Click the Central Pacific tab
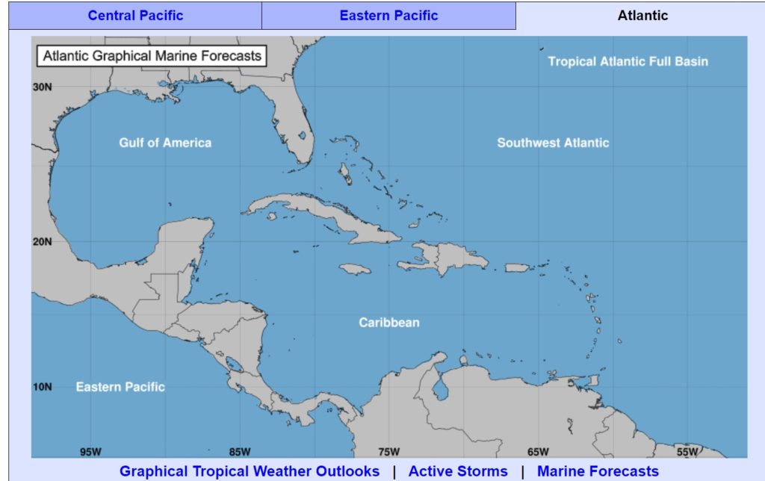pyautogui.click(x=135, y=15)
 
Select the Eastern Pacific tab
pyautogui.click(x=388, y=15)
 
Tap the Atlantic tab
pyautogui.click(x=642, y=15)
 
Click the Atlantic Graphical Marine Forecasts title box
pyautogui.click(x=152, y=55)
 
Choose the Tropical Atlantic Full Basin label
pyautogui.click(x=628, y=61)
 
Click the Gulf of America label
pyautogui.click(x=165, y=143)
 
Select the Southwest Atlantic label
pyautogui.click(x=553, y=143)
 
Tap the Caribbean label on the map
pyautogui.click(x=389, y=323)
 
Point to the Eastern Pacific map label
pyautogui.click(x=120, y=387)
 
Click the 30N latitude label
pyautogui.click(x=43, y=87)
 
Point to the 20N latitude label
pyautogui.click(x=43, y=241)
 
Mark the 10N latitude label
pyautogui.click(x=43, y=387)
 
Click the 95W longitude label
pyautogui.click(x=90, y=451)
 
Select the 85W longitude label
pyautogui.click(x=240, y=451)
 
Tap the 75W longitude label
pyautogui.click(x=389, y=451)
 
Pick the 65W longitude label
pyautogui.click(x=538, y=451)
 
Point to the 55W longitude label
pyautogui.click(x=687, y=451)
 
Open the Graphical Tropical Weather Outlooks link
pyautogui.click(x=250, y=471)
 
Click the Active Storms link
pyautogui.click(x=458, y=471)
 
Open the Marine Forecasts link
pyautogui.click(x=598, y=471)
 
